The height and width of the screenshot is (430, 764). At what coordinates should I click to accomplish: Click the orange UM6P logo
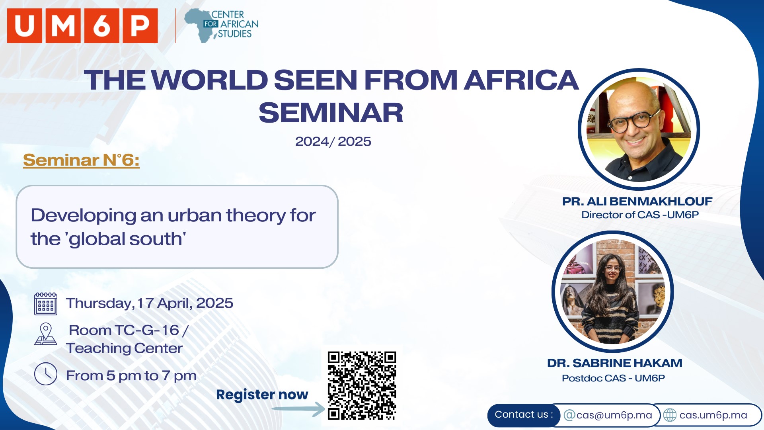click(x=82, y=25)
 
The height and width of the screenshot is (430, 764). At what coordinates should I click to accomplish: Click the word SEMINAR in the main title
click(x=331, y=113)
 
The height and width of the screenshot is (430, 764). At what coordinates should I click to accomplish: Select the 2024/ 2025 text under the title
click(x=333, y=141)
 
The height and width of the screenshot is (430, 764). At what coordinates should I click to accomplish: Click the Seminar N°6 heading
click(x=81, y=160)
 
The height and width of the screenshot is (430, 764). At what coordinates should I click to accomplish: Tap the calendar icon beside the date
click(x=46, y=304)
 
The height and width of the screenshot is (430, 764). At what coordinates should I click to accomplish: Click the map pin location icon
click(x=46, y=334)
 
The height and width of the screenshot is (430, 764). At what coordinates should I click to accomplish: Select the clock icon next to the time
click(x=46, y=374)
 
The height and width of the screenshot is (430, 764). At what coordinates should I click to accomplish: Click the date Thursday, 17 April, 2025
click(x=150, y=303)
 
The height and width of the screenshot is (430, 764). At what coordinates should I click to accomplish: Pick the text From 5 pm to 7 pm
click(x=131, y=376)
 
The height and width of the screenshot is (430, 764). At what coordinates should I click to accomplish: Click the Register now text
click(x=262, y=395)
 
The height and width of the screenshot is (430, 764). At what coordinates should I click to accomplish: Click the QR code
click(x=362, y=386)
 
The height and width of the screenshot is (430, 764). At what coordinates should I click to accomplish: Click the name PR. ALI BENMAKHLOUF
click(x=637, y=201)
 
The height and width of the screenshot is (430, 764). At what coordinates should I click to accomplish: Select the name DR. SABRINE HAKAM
click(x=615, y=363)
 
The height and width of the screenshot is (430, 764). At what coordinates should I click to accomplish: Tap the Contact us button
click(x=524, y=415)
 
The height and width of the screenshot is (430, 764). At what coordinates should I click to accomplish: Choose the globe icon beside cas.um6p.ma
click(x=670, y=415)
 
